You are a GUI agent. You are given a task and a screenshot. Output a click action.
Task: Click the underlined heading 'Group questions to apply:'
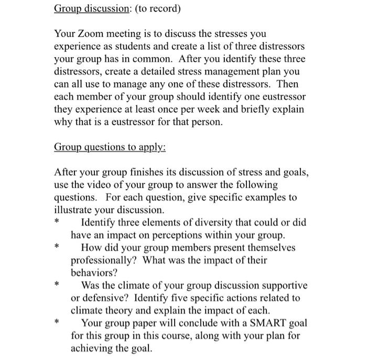pyautogui.click(x=110, y=147)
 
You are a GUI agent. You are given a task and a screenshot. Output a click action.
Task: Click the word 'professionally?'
pyautogui.click(x=104, y=260)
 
